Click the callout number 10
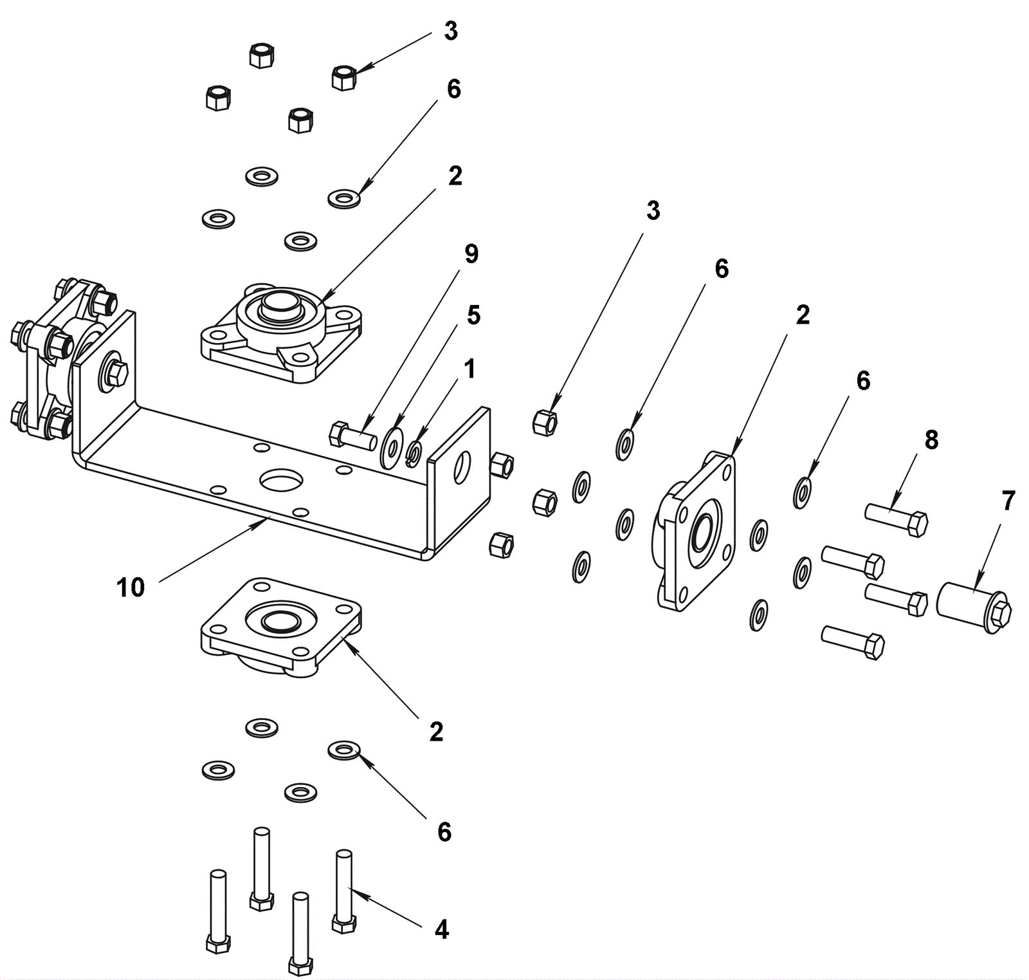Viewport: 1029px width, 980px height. coord(131,587)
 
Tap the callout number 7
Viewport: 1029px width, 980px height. coord(1008,501)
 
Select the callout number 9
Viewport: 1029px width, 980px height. coord(471,254)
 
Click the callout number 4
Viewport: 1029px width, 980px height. coord(441,930)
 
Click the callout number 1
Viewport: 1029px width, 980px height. coord(470,369)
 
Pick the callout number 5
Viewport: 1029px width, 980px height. coord(473,315)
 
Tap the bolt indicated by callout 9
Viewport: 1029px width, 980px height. coord(352,436)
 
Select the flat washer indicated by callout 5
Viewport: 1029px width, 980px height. coord(391,445)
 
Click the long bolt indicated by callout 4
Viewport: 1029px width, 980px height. coord(344,892)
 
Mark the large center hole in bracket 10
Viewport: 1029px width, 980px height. coord(280,479)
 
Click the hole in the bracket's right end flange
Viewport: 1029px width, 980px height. coord(462,467)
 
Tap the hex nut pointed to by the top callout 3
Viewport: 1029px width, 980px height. coord(344,78)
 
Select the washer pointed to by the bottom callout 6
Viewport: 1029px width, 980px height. coord(344,750)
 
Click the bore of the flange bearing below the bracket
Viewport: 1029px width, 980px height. coord(280,620)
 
